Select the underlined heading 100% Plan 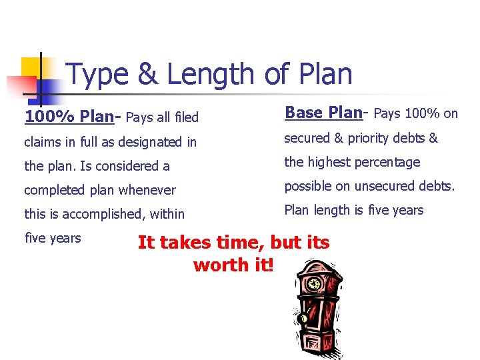tap(69, 117)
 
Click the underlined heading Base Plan tap(323, 113)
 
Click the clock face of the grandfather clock tap(313, 284)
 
